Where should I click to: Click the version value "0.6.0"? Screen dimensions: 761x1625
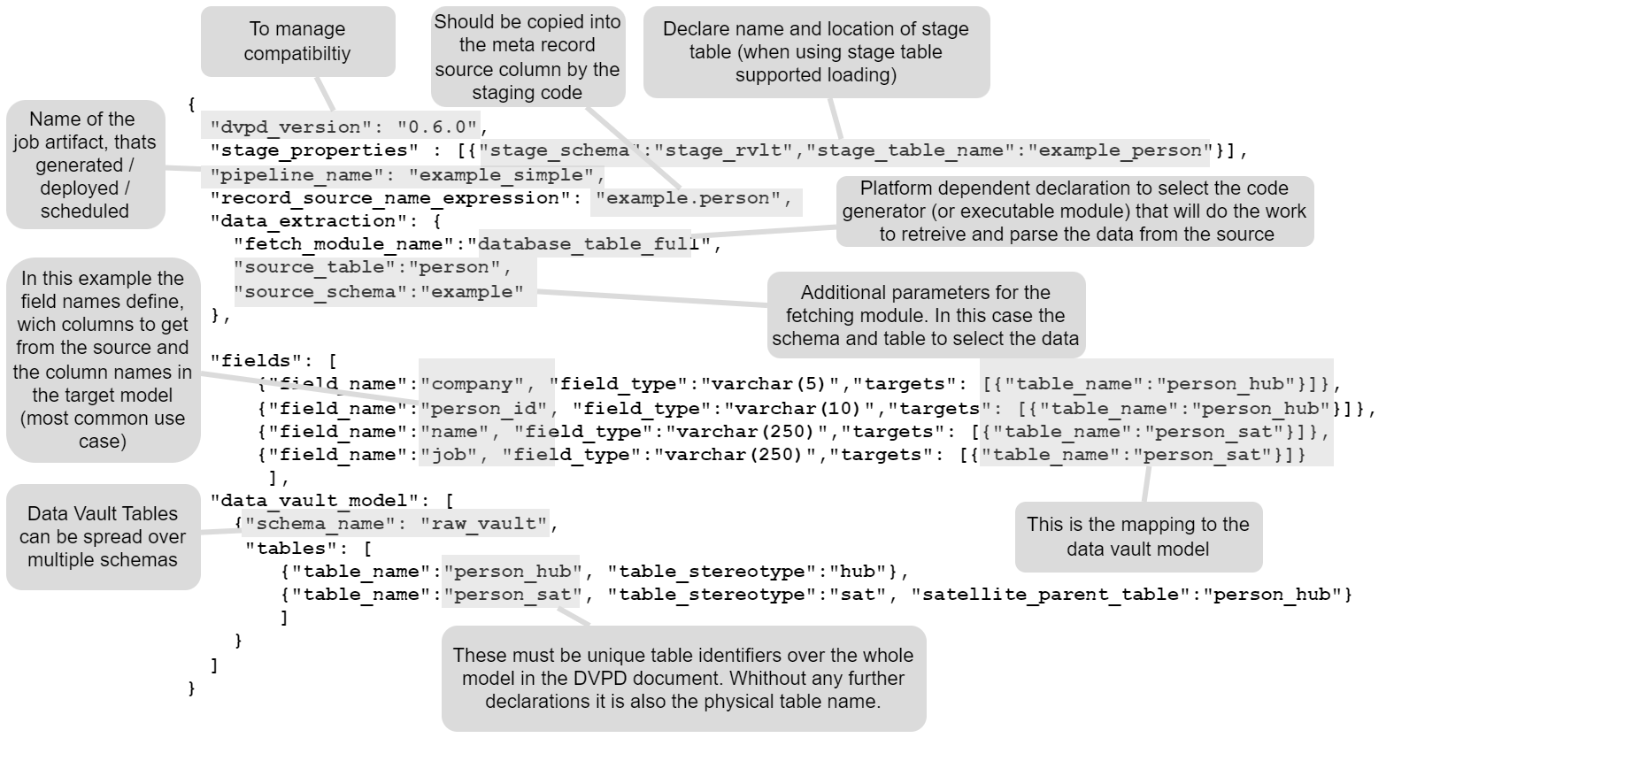click(x=438, y=127)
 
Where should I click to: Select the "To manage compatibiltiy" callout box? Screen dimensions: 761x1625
click(x=297, y=42)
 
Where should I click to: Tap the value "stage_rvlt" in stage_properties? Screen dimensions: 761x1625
click(x=728, y=150)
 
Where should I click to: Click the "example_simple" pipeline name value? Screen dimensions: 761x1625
click(x=501, y=175)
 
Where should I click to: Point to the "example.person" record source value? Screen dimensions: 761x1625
click(x=693, y=198)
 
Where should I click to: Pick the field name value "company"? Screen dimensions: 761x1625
click(x=473, y=384)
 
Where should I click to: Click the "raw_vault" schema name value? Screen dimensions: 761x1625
click(x=484, y=524)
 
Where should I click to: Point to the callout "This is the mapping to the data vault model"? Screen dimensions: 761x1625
click(x=1137, y=536)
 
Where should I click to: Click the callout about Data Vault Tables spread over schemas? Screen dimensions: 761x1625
click(x=103, y=536)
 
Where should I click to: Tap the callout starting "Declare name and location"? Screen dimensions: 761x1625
click(x=815, y=52)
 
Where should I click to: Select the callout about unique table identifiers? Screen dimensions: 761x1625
click(x=682, y=678)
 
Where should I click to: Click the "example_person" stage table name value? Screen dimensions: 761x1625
click(x=1125, y=150)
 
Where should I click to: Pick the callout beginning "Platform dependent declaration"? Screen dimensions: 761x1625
click(x=1074, y=211)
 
